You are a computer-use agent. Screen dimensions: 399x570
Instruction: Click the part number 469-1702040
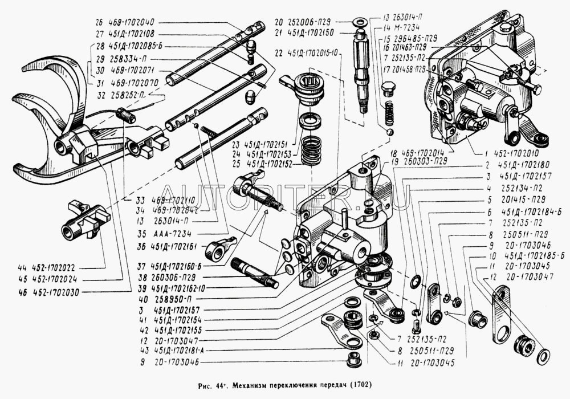(132, 23)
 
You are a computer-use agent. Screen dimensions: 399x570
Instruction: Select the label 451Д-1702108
(133, 34)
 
